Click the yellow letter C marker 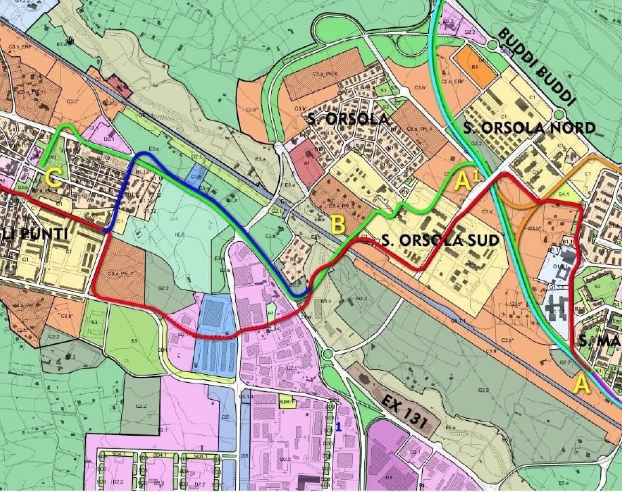tap(56, 180)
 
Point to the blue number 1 tap(338, 426)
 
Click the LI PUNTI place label tap(30, 234)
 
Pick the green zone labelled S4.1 tap(562, 194)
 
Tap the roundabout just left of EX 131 tap(329, 353)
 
